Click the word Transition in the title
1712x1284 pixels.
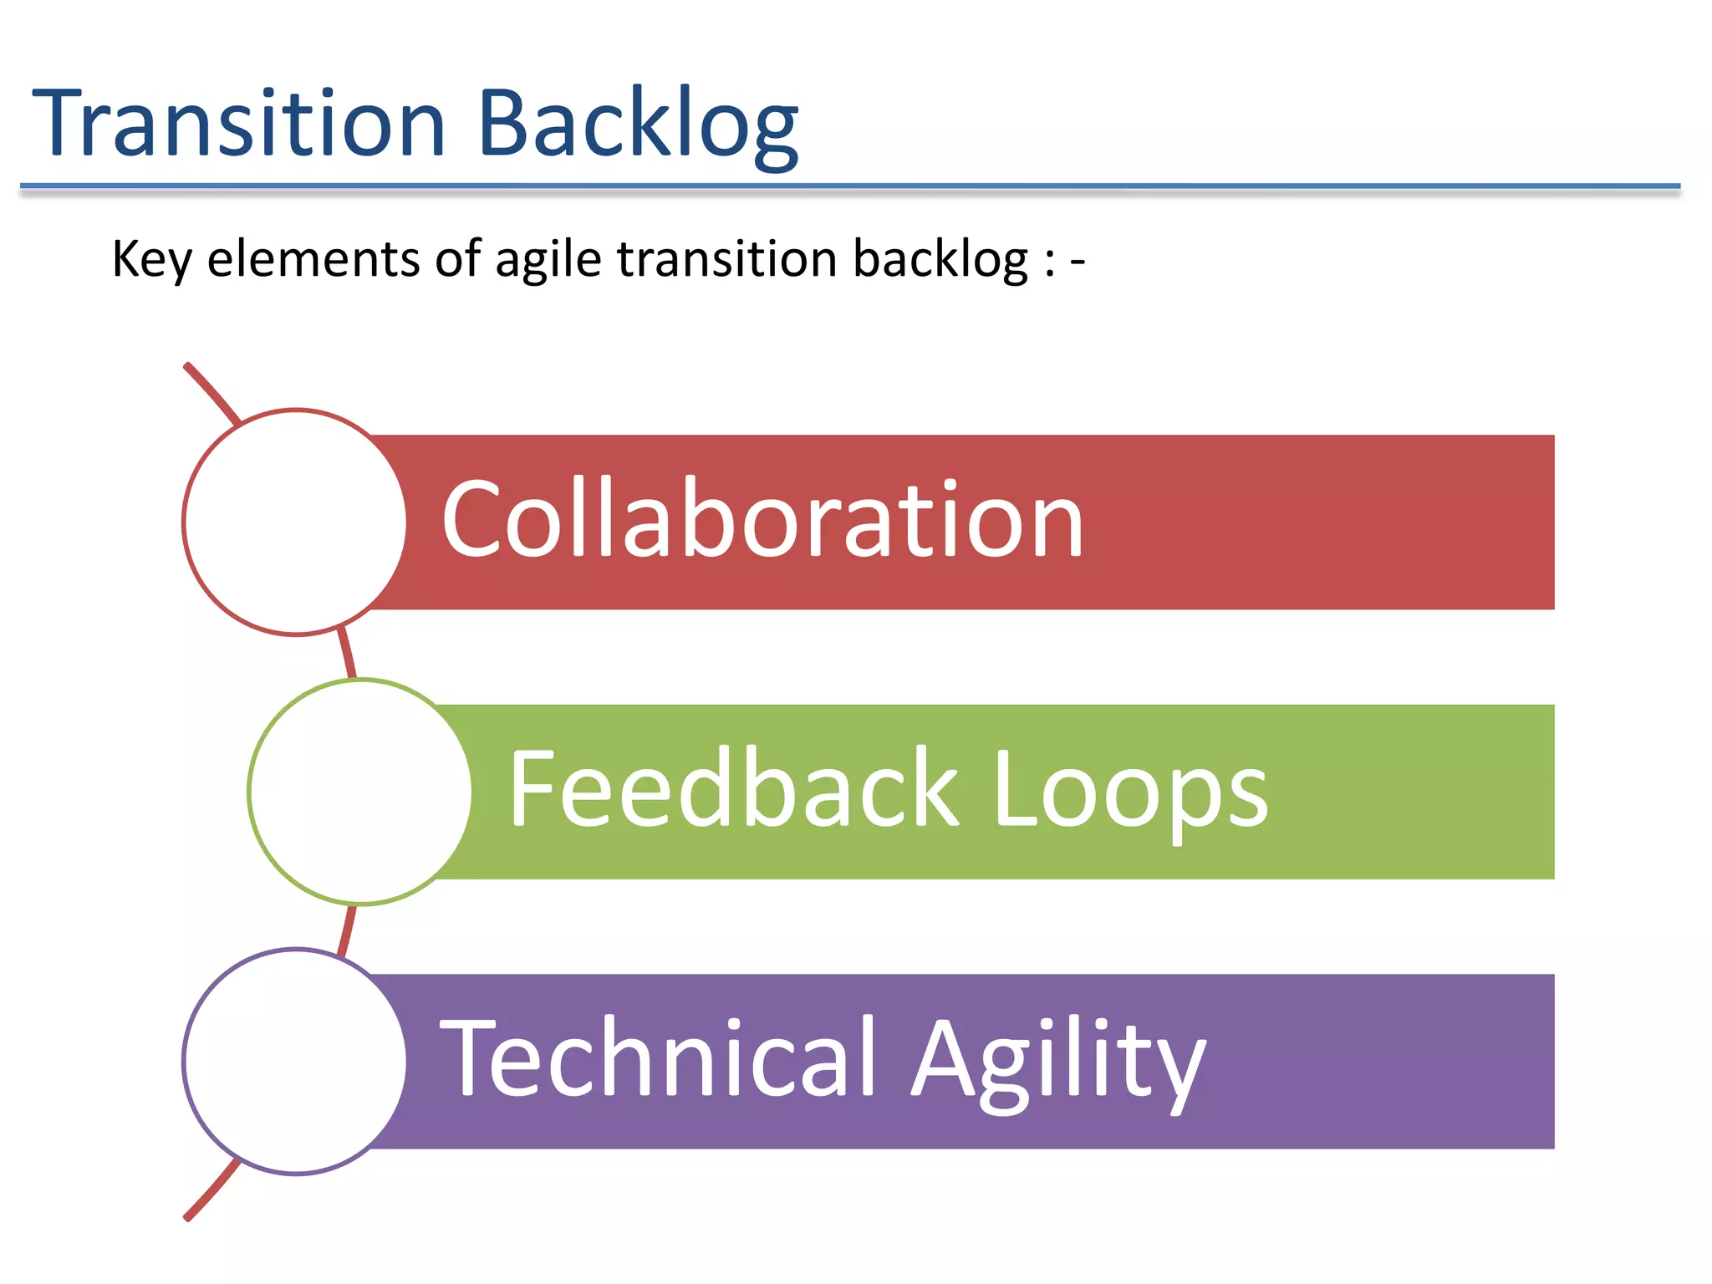pos(238,124)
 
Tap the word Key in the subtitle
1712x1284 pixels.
pos(151,259)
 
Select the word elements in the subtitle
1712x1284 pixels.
pos(313,258)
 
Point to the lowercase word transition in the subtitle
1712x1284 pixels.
pos(726,258)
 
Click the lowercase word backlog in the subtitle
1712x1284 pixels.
pos(940,259)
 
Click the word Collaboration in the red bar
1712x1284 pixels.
pos(762,520)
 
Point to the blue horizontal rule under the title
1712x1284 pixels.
pos(849,186)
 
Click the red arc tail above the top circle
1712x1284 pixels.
pos(211,390)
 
